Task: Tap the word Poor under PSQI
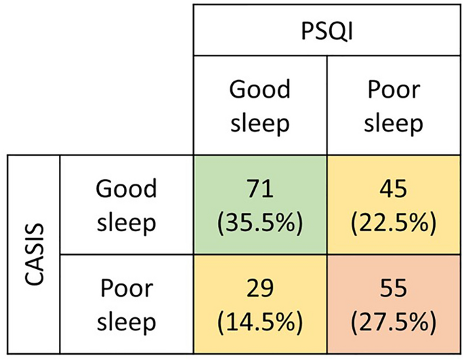coord(393,90)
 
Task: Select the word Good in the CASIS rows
coord(126,189)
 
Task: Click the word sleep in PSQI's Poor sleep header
coord(393,123)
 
